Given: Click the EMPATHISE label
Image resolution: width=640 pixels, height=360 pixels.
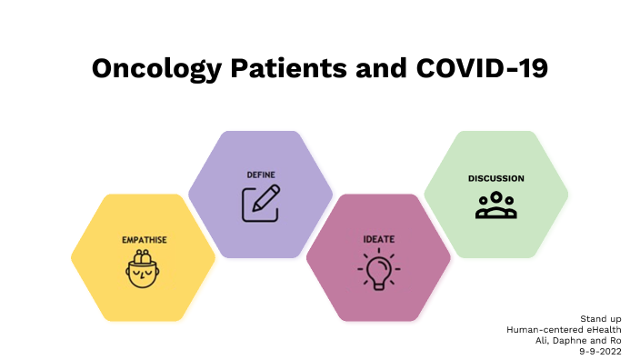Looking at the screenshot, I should tap(144, 240).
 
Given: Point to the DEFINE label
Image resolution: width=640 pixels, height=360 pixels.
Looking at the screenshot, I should tap(261, 175).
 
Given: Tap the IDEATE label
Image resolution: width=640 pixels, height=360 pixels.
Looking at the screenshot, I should tap(378, 239).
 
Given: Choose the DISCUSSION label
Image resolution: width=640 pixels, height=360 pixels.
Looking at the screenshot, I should tap(495, 178).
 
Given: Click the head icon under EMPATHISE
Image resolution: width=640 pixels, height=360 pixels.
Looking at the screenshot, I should tap(144, 270).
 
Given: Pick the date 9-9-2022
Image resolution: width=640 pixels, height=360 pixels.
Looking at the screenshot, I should tap(605, 348).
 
